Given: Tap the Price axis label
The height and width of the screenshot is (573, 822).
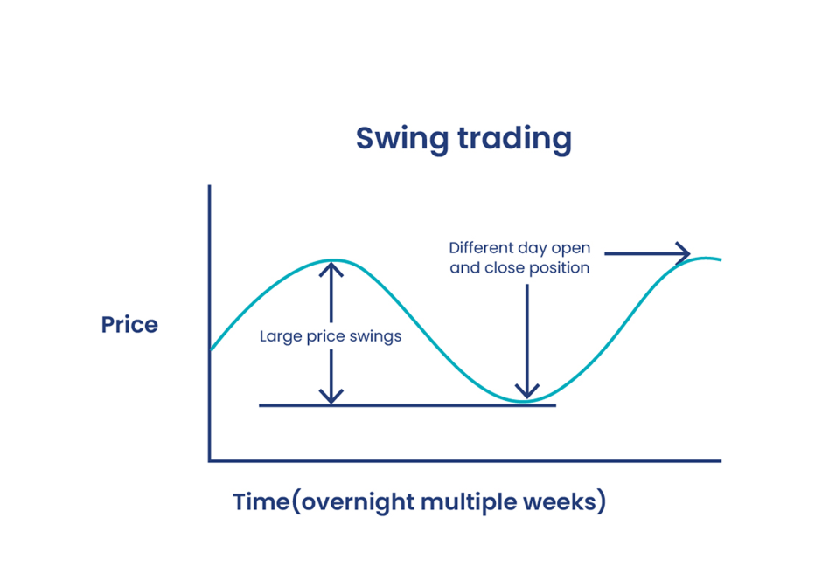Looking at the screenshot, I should point(129,325).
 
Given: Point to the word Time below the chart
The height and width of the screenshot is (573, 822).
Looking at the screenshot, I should point(260,503).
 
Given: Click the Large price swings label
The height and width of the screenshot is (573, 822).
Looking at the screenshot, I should point(331,336).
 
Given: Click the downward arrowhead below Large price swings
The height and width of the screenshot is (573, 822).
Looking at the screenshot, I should point(331,397).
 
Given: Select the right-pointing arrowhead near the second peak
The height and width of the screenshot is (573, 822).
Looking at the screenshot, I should point(683,254).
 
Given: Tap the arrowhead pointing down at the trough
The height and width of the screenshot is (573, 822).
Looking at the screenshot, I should point(526,392).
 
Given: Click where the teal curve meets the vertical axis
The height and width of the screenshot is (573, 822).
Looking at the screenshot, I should point(210,350).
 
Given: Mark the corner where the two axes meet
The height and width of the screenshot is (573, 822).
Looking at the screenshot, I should point(210,460).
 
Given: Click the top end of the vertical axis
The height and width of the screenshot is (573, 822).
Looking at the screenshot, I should point(210,186).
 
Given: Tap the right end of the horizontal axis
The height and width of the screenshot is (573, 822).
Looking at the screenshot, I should point(720,460).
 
